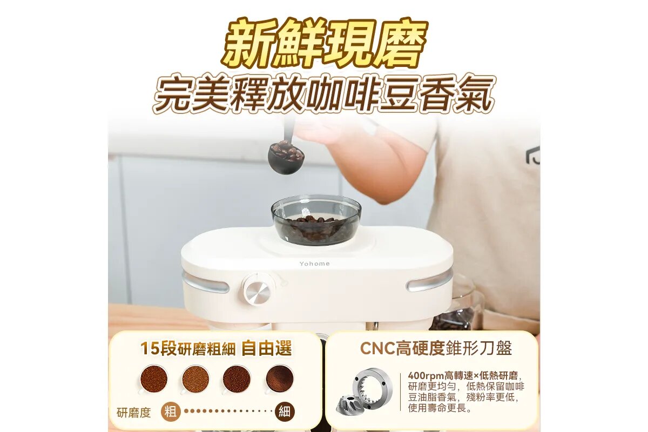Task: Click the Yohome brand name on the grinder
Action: (x=314, y=264)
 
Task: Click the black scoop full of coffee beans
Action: (x=286, y=157)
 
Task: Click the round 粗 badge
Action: (x=171, y=411)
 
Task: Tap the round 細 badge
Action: (x=284, y=411)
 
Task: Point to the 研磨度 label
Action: (x=134, y=413)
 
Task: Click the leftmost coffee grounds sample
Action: (x=153, y=379)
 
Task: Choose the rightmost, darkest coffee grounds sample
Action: (x=280, y=379)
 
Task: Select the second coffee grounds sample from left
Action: (x=195, y=379)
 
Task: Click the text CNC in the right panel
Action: (x=377, y=348)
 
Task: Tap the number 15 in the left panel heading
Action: (x=150, y=348)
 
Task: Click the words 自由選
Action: (x=266, y=348)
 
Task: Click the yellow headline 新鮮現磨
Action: (x=324, y=45)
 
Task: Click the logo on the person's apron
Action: (x=532, y=156)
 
